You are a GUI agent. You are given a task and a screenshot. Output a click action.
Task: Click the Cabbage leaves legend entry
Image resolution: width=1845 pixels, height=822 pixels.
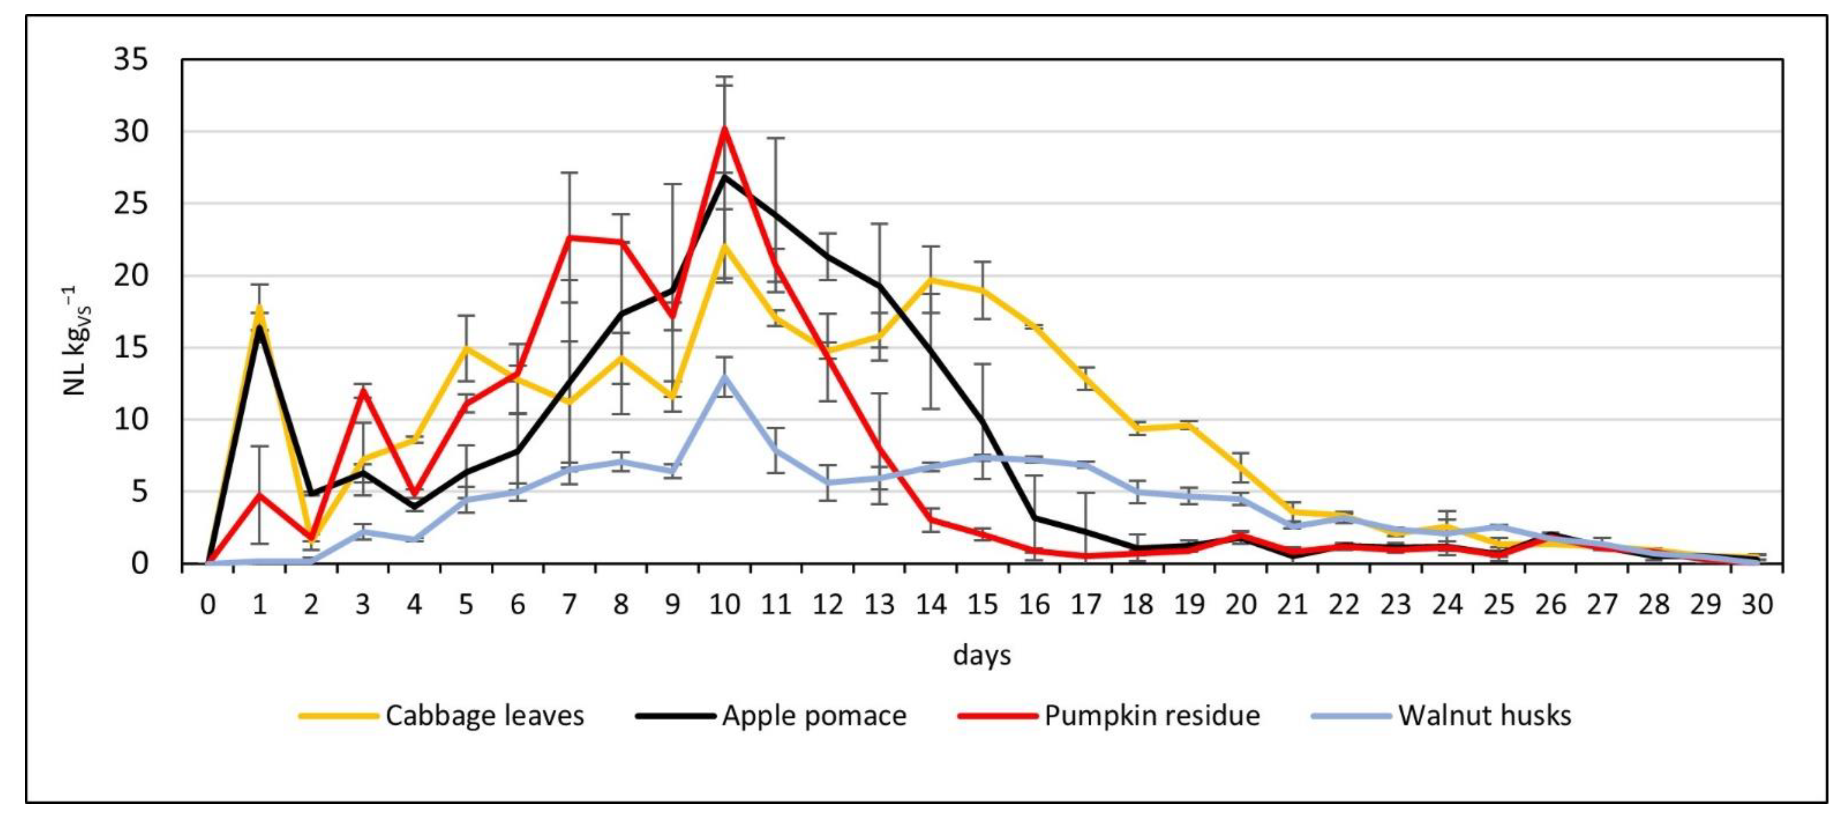click(x=484, y=715)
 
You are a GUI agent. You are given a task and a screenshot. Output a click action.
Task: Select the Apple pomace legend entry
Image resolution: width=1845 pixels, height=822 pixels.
click(x=814, y=715)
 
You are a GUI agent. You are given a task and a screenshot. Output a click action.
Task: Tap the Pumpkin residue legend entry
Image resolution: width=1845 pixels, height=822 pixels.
click(x=1152, y=715)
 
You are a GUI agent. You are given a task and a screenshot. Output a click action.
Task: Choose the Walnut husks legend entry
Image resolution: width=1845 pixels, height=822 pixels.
click(x=1484, y=715)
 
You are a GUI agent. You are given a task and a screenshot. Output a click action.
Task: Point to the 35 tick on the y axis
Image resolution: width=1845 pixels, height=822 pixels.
click(x=131, y=59)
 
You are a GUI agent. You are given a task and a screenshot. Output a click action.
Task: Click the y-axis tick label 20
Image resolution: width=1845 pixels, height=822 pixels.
click(x=131, y=276)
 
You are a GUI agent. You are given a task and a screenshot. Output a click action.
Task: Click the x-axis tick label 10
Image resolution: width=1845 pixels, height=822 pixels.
click(x=724, y=605)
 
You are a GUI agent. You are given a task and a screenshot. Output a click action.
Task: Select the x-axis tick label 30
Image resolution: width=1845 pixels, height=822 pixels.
click(x=1757, y=605)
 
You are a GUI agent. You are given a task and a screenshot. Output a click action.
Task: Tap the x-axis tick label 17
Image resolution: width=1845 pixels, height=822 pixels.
click(x=1086, y=605)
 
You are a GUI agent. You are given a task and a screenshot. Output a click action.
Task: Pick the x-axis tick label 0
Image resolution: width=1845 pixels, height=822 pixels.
click(x=208, y=605)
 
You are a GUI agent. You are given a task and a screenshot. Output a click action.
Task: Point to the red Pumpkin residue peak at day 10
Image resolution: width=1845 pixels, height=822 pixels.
click(x=724, y=129)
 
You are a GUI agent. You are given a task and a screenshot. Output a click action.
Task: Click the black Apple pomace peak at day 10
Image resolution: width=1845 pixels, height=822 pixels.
click(x=724, y=176)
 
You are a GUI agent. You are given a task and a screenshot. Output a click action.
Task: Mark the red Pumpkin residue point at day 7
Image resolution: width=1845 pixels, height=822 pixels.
click(x=569, y=237)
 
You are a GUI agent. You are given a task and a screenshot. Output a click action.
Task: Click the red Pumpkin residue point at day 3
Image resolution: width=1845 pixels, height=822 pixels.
click(x=363, y=390)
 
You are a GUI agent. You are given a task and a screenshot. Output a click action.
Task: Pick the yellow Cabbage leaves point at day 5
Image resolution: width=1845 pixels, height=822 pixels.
click(x=466, y=348)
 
